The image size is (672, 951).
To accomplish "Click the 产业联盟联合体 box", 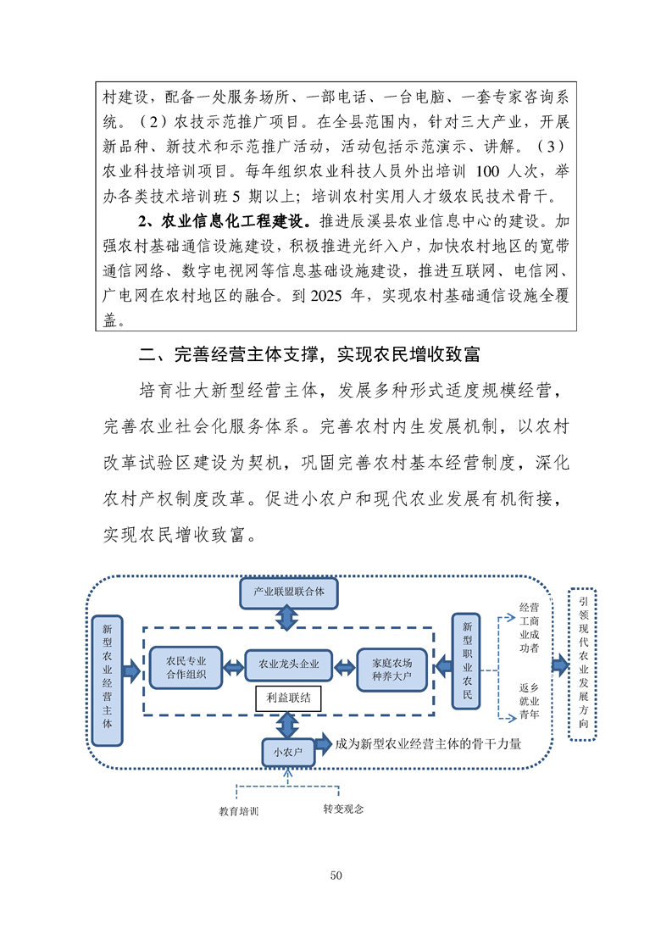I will click(x=288, y=591).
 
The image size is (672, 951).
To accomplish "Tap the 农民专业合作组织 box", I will click(x=186, y=668).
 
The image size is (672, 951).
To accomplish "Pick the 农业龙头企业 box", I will click(x=288, y=665).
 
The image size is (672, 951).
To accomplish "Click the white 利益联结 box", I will click(x=288, y=698).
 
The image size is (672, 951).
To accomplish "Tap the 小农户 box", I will click(x=287, y=751).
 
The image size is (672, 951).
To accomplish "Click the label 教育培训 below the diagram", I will click(x=238, y=811).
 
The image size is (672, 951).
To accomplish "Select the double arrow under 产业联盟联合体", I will click(x=288, y=619).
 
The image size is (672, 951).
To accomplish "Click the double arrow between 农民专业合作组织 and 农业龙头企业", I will click(x=232, y=667).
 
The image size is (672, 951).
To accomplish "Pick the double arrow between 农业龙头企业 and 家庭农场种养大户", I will click(x=343, y=667).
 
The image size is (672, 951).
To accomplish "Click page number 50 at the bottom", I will click(x=336, y=875).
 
